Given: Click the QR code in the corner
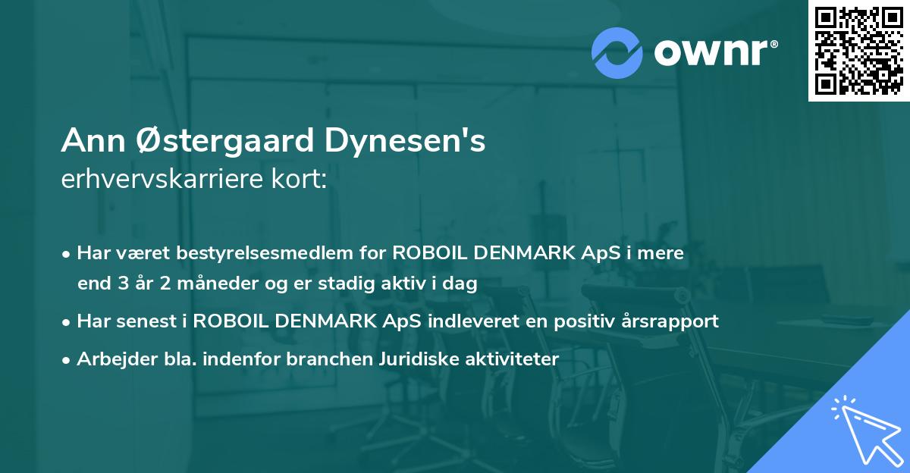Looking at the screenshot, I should (x=858, y=51).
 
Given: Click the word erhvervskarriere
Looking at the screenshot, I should (x=165, y=180).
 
